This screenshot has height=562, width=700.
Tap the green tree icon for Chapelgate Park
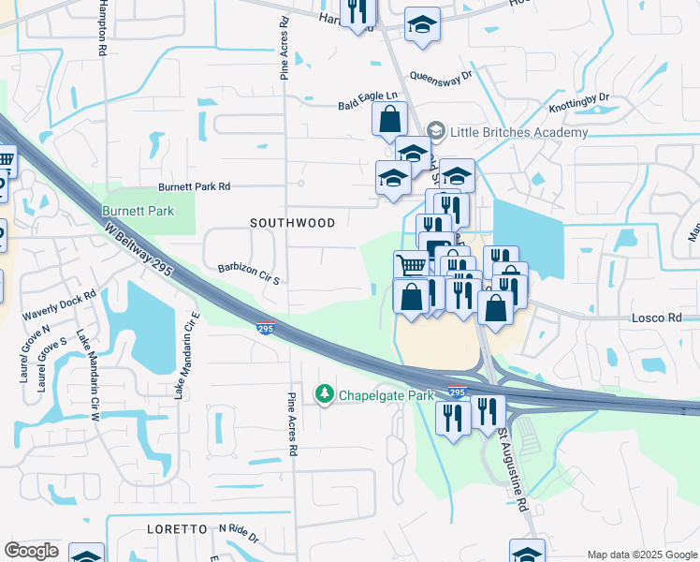tap(325, 394)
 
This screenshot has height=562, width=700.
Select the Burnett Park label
tap(138, 211)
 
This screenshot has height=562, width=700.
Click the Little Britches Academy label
tap(519, 132)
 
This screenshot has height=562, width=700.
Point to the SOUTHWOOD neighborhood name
tap(293, 223)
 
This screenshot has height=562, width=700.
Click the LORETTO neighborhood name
tap(177, 529)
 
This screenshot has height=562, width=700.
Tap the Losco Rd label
tap(663, 318)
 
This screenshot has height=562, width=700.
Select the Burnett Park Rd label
tap(194, 186)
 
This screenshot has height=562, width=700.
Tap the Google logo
tap(31, 550)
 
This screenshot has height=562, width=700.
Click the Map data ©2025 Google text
tap(643, 555)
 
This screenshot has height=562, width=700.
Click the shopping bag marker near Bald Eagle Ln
tap(389, 120)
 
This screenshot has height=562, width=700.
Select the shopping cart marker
tap(410, 266)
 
